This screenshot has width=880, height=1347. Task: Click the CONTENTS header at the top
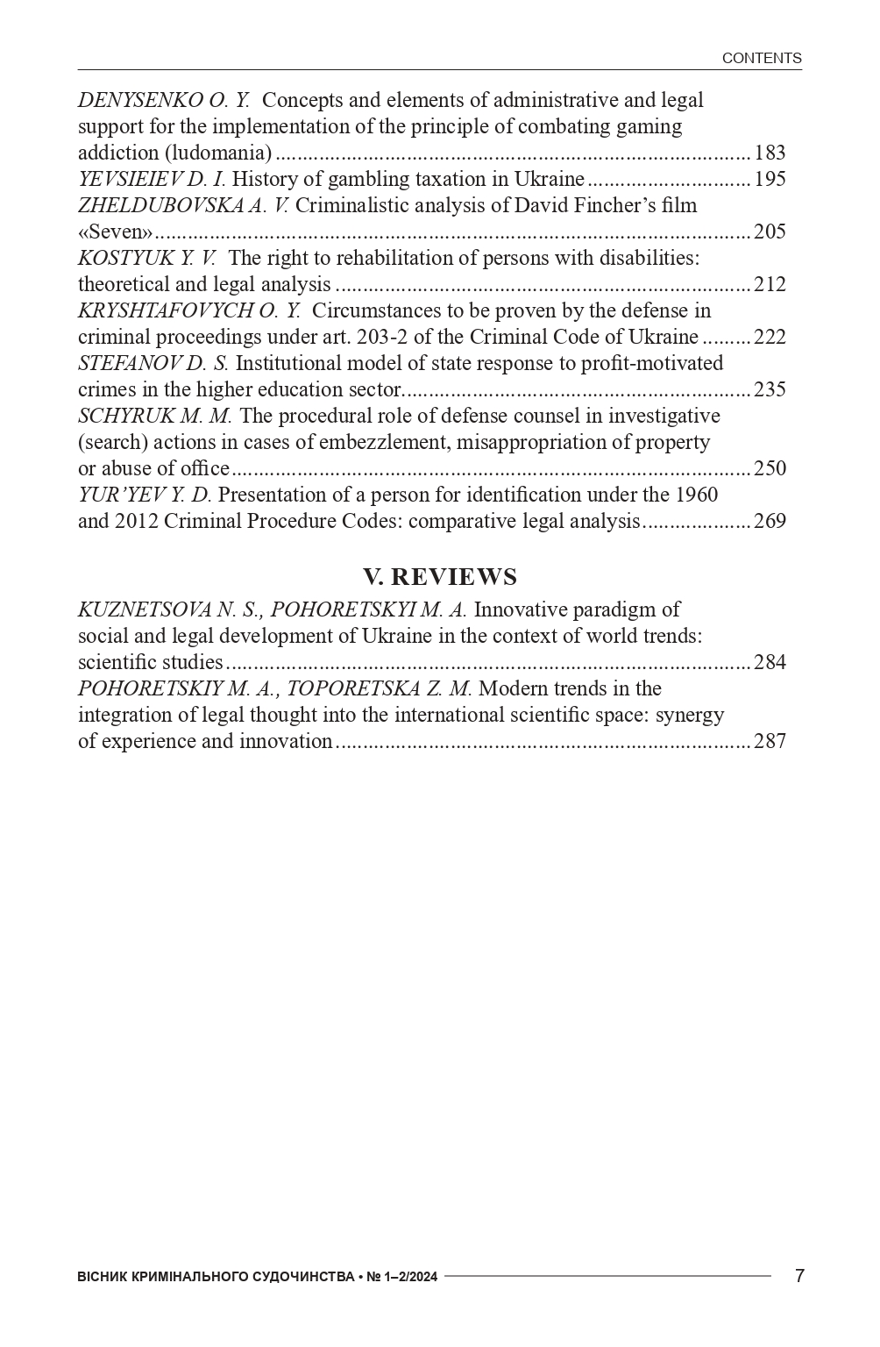point(761,58)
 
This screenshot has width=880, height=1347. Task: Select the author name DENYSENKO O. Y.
point(164,100)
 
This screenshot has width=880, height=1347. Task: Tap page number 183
point(770,153)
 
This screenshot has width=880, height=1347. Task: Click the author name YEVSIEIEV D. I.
point(152,179)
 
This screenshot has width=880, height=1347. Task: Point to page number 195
point(770,179)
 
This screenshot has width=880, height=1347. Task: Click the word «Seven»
point(116,232)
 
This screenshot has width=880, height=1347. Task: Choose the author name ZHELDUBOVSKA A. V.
point(182,205)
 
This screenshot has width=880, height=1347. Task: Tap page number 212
point(770,284)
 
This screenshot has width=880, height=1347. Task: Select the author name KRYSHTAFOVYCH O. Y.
point(188,310)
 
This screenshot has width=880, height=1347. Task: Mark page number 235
point(770,389)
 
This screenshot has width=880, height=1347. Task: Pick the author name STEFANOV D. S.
point(153,363)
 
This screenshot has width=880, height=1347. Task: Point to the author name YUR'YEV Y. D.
point(145,495)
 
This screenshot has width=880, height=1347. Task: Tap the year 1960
point(696,495)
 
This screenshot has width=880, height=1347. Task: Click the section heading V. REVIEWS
point(440,576)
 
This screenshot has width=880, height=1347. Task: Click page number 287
point(770,741)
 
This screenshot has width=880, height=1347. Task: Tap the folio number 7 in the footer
point(798,1276)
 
